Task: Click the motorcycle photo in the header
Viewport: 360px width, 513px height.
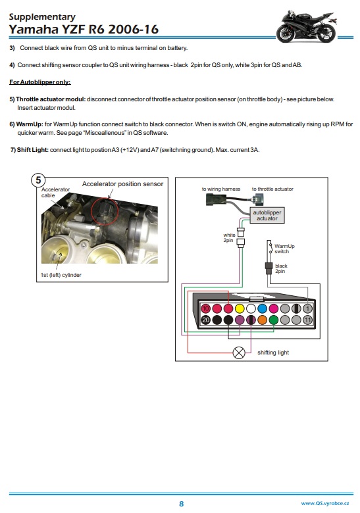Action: pyautogui.click(x=306, y=26)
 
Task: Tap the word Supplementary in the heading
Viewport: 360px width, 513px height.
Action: pyautogui.click(x=42, y=16)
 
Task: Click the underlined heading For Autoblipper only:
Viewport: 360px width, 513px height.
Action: pyautogui.click(x=40, y=82)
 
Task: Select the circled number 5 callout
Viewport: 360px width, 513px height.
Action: pyautogui.click(x=38, y=180)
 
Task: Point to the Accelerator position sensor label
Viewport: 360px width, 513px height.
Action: pyautogui.click(x=122, y=184)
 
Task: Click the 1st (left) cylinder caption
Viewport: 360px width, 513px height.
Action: pyautogui.click(x=61, y=275)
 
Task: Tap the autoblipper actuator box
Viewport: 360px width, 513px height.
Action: pyautogui.click(x=267, y=215)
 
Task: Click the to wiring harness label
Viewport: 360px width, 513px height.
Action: pyautogui.click(x=221, y=189)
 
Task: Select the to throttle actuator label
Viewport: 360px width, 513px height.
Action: pyautogui.click(x=272, y=189)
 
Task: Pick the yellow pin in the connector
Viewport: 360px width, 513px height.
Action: pyautogui.click(x=240, y=308)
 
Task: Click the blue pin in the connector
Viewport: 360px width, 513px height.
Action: pyautogui.click(x=262, y=308)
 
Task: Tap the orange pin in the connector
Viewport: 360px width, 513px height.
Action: pyautogui.click(x=262, y=320)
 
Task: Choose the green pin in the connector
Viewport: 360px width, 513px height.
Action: pyautogui.click(x=274, y=320)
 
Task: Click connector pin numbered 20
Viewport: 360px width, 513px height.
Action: pyautogui.click(x=205, y=320)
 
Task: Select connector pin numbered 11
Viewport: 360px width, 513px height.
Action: pyautogui.click(x=307, y=320)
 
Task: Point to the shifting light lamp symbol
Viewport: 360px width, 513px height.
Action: pyautogui.click(x=239, y=353)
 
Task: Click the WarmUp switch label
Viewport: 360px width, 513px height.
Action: pyautogui.click(x=284, y=249)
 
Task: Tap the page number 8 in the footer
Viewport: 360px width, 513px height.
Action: pyautogui.click(x=181, y=504)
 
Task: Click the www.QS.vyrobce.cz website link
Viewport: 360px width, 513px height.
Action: pyautogui.click(x=325, y=503)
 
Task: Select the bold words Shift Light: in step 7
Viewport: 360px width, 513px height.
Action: pyautogui.click(x=32, y=150)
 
